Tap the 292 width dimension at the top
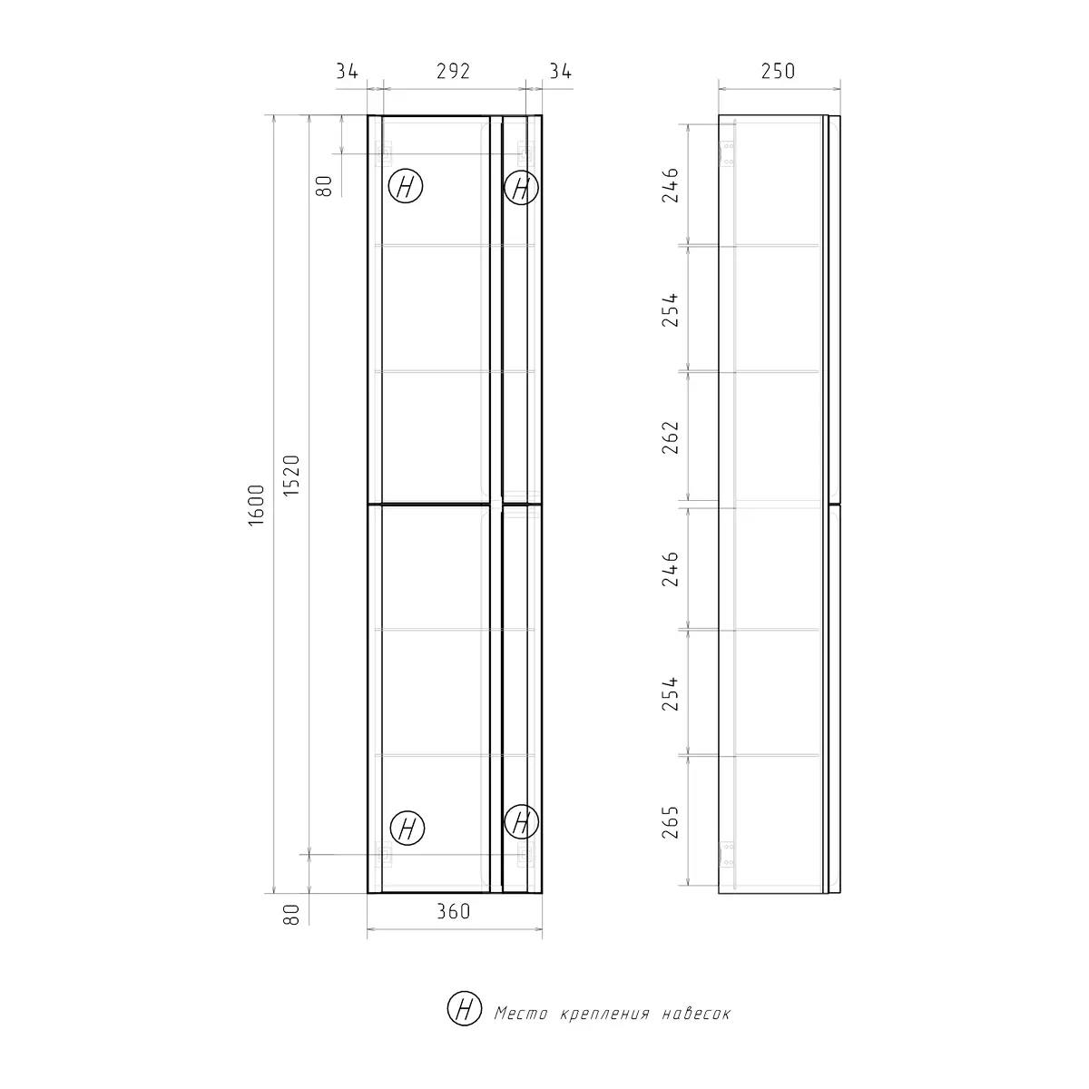point(453,71)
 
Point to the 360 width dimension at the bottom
point(453,911)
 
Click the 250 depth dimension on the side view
point(778,71)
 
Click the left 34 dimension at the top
point(347,71)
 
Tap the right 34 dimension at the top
point(560,71)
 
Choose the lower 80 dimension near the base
point(291,913)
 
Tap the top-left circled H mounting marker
point(406,188)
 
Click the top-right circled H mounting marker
point(521,188)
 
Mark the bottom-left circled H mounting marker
point(406,828)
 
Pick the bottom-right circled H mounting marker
point(521,823)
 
